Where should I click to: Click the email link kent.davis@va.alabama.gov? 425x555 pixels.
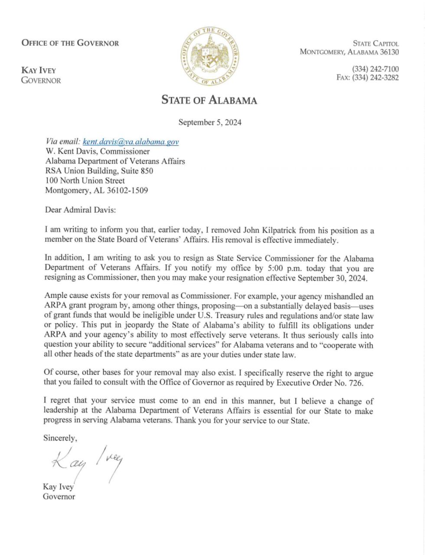(x=131, y=142)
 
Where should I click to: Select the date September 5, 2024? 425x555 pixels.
(x=210, y=122)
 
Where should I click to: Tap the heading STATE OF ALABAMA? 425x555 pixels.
(x=209, y=100)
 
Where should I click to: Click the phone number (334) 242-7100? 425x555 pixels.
(x=375, y=69)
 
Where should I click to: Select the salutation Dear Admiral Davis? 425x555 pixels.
(x=80, y=210)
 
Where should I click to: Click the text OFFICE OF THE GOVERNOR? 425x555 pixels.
(x=70, y=43)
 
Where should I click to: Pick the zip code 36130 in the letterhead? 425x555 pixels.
(x=388, y=52)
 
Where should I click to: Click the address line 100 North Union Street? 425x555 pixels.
(x=85, y=181)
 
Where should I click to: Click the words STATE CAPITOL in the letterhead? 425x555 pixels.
(x=376, y=43)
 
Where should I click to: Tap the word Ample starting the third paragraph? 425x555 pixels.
(x=55, y=297)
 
